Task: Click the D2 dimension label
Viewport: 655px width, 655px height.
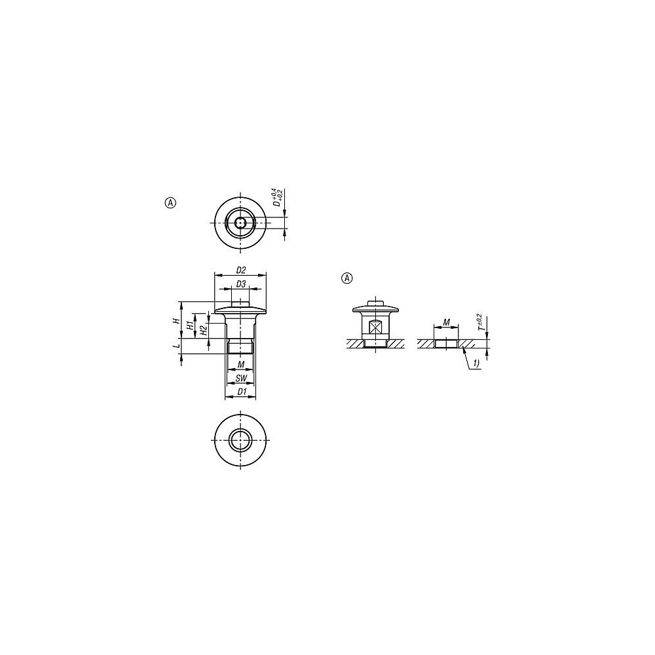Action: click(x=241, y=271)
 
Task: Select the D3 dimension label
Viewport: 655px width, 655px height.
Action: click(x=241, y=284)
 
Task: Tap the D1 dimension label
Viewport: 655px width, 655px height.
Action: click(x=241, y=392)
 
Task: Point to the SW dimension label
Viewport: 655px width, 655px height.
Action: click(x=241, y=379)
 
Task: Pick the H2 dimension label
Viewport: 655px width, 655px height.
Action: click(x=204, y=330)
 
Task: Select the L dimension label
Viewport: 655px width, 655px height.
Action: click(x=177, y=346)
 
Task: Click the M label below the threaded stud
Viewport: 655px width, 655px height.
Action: click(x=241, y=365)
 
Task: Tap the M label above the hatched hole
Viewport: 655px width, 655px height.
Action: click(x=447, y=322)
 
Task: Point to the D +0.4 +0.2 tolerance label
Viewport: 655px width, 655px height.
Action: click(x=278, y=198)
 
